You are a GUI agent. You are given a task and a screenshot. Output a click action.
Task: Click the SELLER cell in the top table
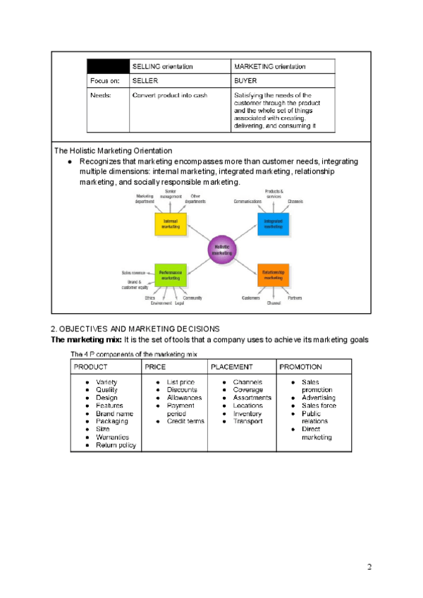pos(145,80)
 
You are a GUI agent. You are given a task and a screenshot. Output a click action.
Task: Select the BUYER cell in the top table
pos(245,80)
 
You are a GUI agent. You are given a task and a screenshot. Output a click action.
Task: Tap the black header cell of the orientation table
pos(108,66)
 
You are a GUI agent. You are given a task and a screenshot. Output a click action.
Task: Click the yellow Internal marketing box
pos(170,224)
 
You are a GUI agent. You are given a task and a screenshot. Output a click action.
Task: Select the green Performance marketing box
pos(170,275)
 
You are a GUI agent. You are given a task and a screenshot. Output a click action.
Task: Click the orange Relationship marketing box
pos(273,275)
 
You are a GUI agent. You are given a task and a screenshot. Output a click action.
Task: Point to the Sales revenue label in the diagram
pos(134,272)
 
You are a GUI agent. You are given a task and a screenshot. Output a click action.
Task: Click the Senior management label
pos(170,194)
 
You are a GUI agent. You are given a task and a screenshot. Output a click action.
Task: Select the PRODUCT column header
pos(91,367)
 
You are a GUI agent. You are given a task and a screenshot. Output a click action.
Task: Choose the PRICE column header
pos(155,367)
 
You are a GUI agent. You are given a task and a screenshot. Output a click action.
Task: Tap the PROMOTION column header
pos(301,367)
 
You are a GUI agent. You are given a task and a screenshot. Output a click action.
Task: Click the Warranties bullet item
pos(112,437)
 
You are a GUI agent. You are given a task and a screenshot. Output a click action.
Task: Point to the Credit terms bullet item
pos(185,421)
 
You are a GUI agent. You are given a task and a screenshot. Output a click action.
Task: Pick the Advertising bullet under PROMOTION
pos(319,398)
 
